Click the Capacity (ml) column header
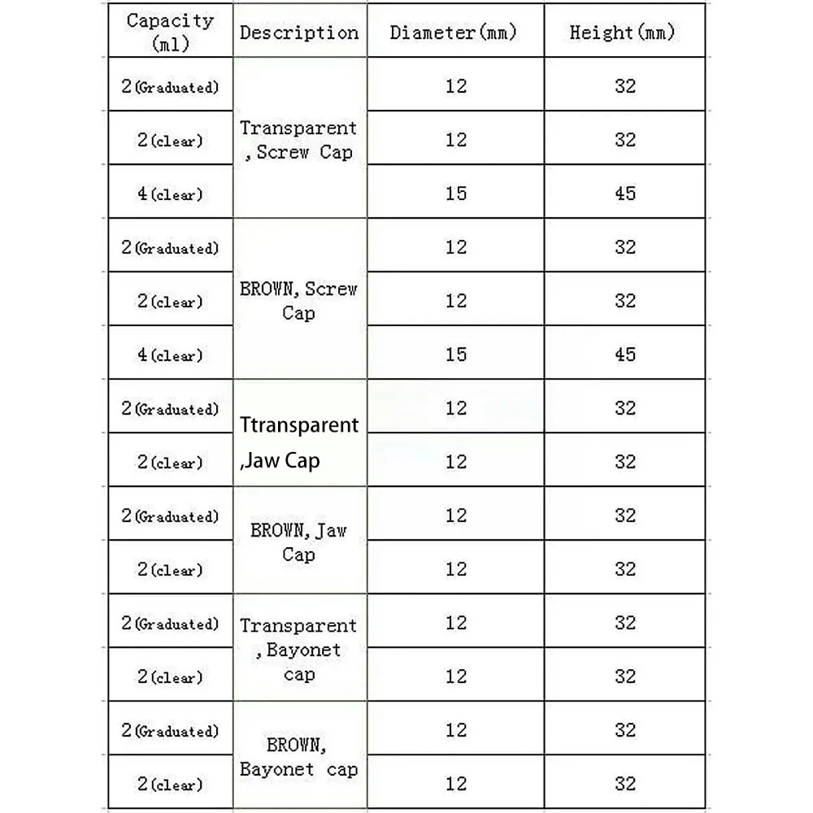(171, 32)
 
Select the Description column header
(299, 33)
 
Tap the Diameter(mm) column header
(454, 33)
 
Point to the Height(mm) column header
(624, 33)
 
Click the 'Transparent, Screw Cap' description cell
(298, 140)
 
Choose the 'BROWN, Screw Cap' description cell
(298, 301)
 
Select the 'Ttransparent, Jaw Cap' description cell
(298, 442)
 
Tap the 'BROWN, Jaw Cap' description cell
(298, 542)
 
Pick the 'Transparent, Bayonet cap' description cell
(298, 650)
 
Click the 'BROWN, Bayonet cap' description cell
(298, 757)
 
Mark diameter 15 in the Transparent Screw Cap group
(456, 193)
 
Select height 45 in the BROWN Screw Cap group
(625, 354)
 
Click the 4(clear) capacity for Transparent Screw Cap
(170, 194)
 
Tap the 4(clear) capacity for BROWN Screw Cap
(170, 355)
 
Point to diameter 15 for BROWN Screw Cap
(456, 354)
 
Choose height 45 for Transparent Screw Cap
(625, 193)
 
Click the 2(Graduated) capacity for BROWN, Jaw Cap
(170, 516)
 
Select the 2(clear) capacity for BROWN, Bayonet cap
(170, 785)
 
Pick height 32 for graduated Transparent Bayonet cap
(625, 623)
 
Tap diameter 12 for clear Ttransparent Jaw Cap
(456, 462)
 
